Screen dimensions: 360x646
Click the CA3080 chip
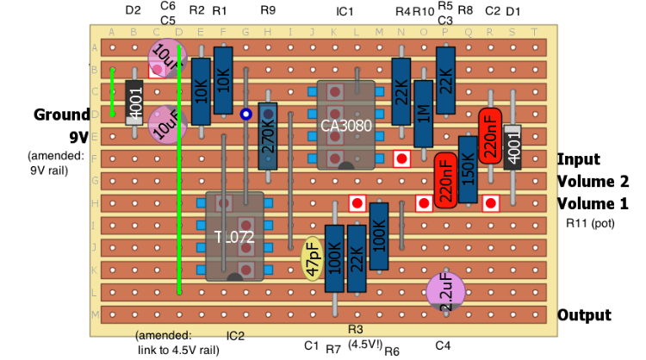[345, 126]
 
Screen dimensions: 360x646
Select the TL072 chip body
[235, 237]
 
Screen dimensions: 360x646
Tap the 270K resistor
[268, 138]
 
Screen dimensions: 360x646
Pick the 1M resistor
[423, 115]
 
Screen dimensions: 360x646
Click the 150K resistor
[468, 169]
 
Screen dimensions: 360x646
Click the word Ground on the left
[61, 115]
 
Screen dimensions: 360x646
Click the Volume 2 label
[593, 182]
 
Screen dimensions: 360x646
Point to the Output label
[584, 315]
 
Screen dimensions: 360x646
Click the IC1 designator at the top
[345, 11]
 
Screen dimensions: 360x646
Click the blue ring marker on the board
[245, 114]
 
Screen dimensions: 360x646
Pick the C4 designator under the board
[443, 346]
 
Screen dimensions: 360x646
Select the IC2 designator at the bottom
[235, 336]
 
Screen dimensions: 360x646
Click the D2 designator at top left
[133, 11]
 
